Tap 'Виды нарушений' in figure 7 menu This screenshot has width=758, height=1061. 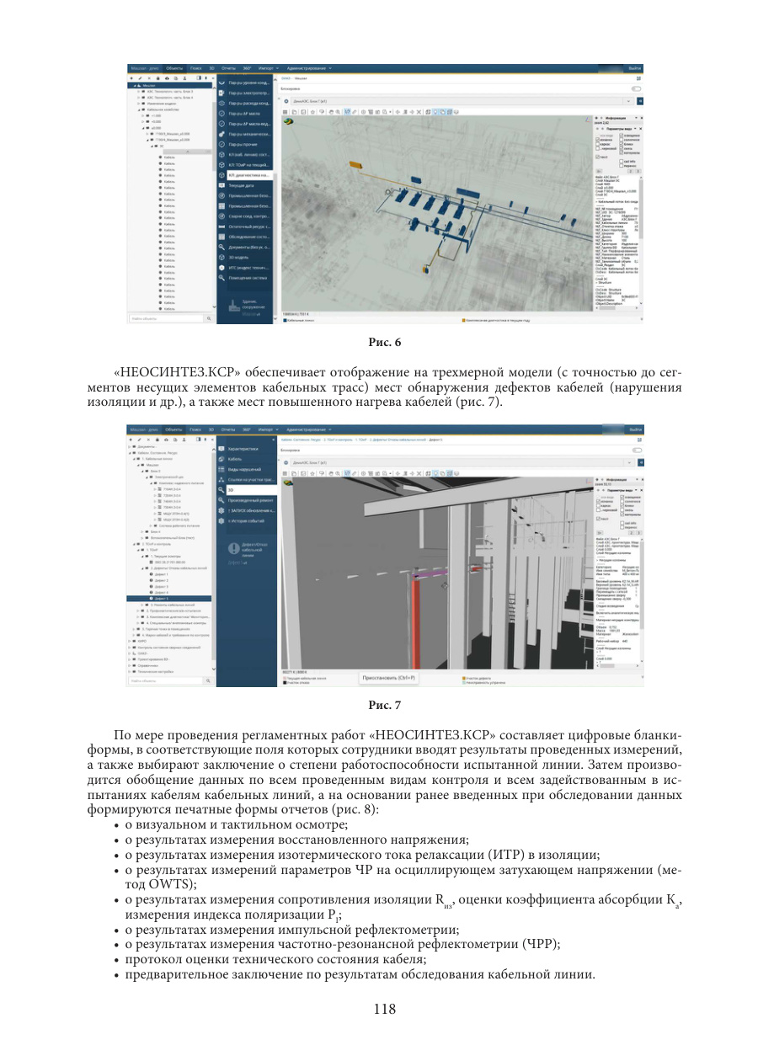click(245, 469)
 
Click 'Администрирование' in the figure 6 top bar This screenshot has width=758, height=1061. click(308, 67)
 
